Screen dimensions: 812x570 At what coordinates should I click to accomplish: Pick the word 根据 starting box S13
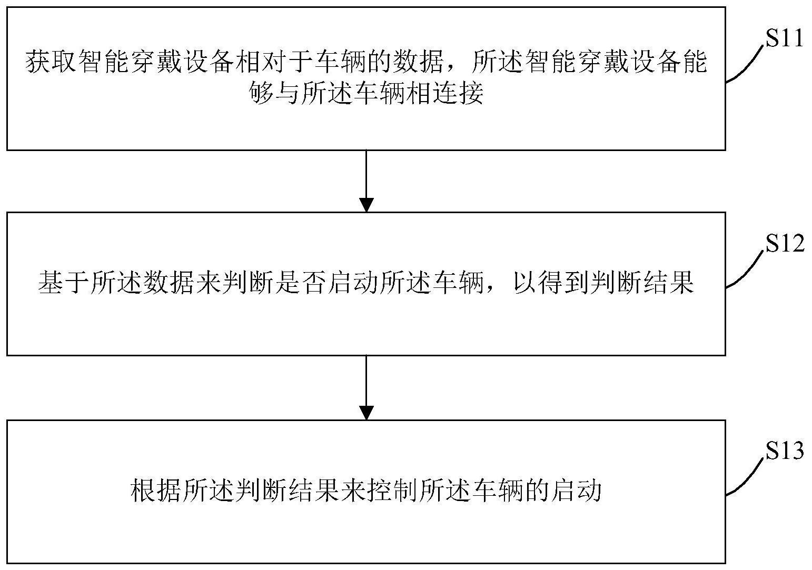click(155, 491)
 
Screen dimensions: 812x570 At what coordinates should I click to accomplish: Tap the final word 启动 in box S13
click(577, 491)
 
